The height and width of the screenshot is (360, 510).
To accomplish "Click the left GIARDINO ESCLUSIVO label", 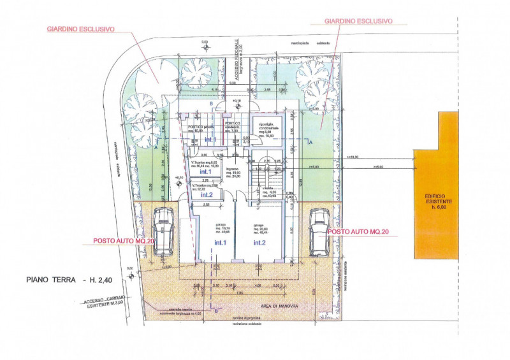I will point(80,29).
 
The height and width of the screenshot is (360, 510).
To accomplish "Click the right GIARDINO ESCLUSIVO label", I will point(358,21).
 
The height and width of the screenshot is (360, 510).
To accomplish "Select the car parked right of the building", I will point(318,231).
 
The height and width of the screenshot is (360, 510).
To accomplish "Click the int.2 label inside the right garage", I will point(259,243).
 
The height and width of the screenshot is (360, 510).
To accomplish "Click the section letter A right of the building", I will point(310,143).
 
